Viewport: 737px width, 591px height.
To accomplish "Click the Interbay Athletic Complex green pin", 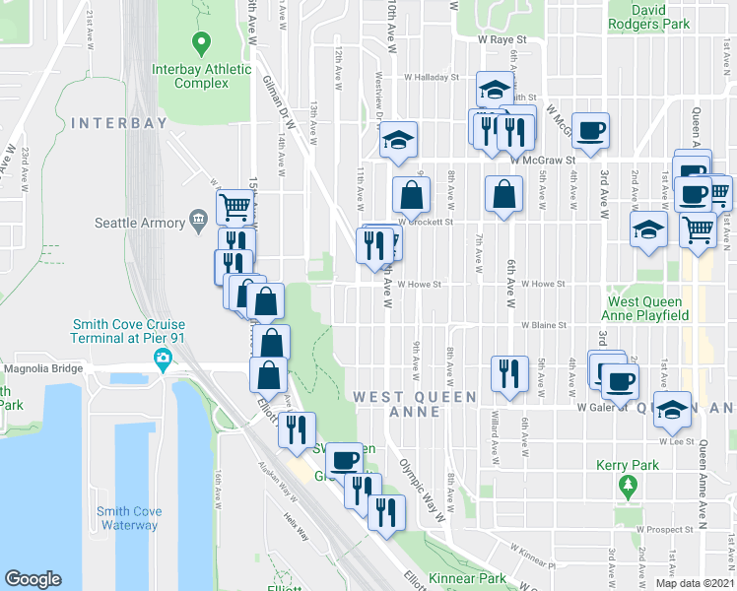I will tap(202, 43).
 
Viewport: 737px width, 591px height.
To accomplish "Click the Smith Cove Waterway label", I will tap(127, 518).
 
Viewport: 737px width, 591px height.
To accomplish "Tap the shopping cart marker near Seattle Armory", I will tap(234, 206).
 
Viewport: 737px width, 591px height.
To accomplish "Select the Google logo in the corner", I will tap(33, 579).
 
